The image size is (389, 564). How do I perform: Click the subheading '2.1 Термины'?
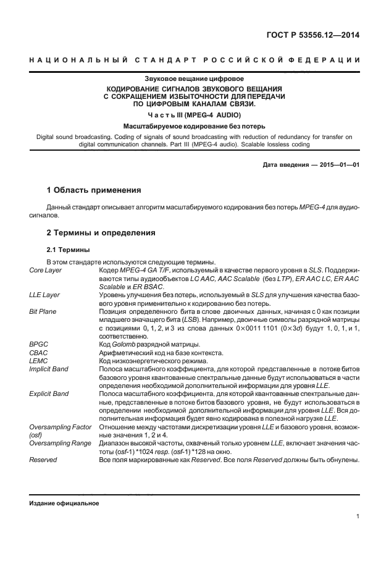tap(69, 250)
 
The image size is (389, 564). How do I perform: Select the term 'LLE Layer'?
tap(44, 295)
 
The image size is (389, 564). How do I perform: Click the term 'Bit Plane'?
tap(43, 311)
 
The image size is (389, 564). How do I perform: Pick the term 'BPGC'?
tap(39, 344)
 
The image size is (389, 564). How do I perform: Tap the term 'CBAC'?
tap(39, 352)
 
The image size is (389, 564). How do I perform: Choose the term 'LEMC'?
tap(39, 360)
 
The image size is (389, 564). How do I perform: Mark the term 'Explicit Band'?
tap(49, 393)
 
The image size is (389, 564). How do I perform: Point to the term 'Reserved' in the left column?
tap(43, 460)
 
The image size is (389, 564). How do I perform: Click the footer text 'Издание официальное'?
tap(64, 502)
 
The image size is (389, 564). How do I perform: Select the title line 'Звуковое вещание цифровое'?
tap(194, 80)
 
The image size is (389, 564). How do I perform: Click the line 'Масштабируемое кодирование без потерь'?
tap(194, 126)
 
